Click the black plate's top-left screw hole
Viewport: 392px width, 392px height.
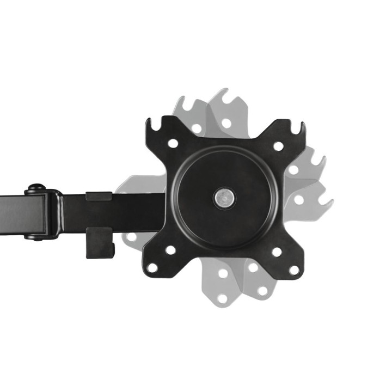coord(173,144)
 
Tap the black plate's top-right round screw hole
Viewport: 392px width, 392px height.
coord(278,146)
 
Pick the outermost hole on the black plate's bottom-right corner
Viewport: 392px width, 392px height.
coord(294,269)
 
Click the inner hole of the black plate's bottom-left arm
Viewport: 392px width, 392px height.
coord(170,250)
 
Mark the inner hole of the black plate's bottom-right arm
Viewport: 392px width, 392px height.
coord(277,252)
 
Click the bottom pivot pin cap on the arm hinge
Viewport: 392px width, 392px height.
coord(34,236)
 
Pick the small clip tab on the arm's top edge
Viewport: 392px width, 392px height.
coord(99,194)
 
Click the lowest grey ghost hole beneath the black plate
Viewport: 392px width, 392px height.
coord(223,298)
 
